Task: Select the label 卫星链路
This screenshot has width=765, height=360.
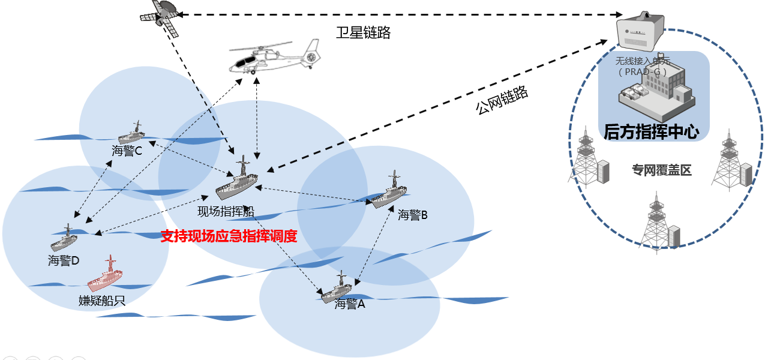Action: [x=363, y=32]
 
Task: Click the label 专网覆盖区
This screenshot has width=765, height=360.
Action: [x=662, y=170]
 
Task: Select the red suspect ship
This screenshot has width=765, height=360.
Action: [x=106, y=277]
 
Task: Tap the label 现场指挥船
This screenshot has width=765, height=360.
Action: [x=226, y=212]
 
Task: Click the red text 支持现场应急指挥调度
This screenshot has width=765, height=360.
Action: [x=229, y=236]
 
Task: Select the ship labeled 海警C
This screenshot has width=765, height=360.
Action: [x=132, y=134]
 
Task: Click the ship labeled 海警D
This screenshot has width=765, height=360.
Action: [x=64, y=240]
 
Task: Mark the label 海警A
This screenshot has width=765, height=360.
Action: [x=350, y=304]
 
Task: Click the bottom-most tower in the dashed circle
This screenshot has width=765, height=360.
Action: [x=658, y=225]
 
